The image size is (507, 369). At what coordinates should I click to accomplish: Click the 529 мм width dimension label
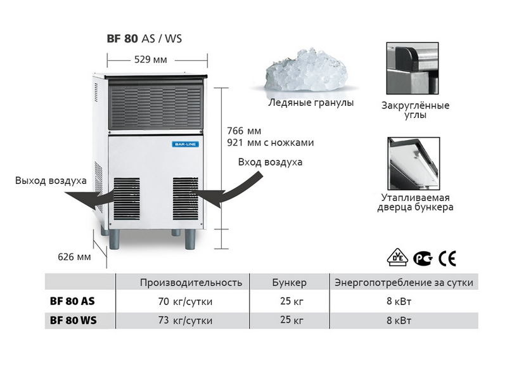click(151, 60)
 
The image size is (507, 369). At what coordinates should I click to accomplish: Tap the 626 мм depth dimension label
click(75, 257)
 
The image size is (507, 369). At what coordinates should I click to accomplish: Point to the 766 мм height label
click(244, 131)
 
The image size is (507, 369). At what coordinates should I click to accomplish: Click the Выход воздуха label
click(51, 181)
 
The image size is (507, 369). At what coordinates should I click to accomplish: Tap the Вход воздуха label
click(270, 162)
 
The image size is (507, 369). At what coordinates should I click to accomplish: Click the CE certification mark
click(447, 258)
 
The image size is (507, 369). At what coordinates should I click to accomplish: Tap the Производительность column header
click(191, 282)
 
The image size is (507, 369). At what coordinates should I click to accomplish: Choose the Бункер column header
click(289, 282)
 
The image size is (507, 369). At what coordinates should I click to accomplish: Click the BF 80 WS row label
click(73, 321)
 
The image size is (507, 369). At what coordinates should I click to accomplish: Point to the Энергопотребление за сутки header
click(404, 282)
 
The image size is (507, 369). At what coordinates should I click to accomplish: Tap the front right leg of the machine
click(190, 238)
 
